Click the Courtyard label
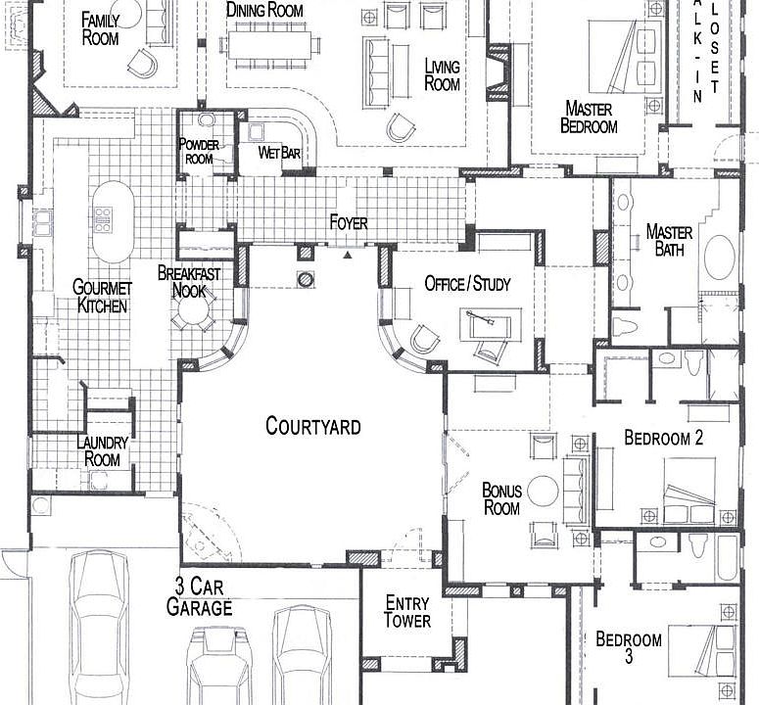(312, 426)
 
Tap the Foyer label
(348, 223)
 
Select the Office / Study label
(467, 284)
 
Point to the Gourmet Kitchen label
(101, 296)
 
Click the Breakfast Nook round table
(192, 312)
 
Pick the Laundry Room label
(102, 450)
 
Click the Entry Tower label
(406, 612)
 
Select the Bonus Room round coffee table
(543, 491)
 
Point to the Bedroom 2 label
(663, 438)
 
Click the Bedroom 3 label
(628, 648)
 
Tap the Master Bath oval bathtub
(722, 258)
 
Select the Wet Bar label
(278, 153)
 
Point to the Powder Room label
(199, 152)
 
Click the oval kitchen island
(113, 220)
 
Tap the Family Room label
(100, 28)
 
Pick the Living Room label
(442, 75)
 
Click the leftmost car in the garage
(100, 627)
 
